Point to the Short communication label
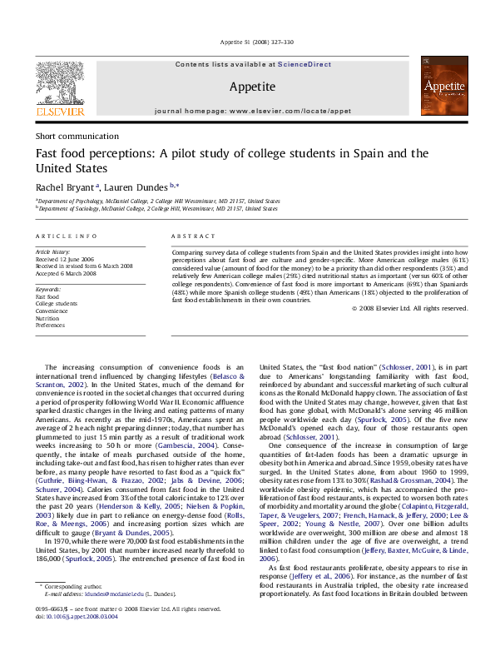click(77, 136)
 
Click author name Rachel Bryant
click(64, 186)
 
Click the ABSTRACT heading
click(191, 236)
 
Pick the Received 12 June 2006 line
click(63, 259)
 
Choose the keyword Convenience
click(52, 311)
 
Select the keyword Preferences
click(50, 326)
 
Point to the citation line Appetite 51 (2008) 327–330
click(247, 42)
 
